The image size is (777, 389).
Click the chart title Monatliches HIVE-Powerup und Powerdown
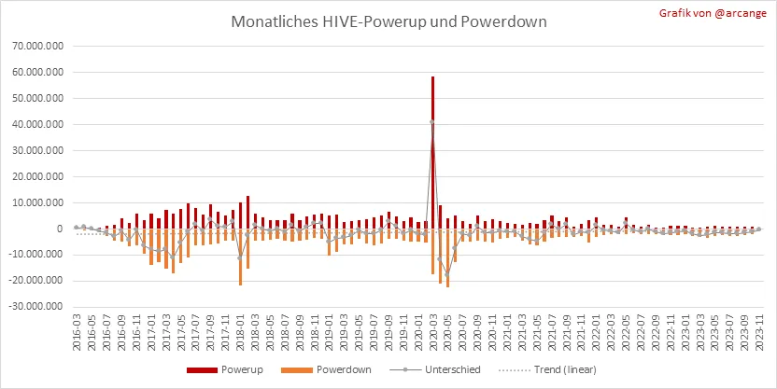click(x=388, y=21)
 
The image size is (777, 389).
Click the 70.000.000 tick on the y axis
click(x=37, y=45)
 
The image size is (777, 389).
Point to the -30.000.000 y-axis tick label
click(x=36, y=306)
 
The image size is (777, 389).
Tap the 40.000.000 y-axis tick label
click(x=37, y=124)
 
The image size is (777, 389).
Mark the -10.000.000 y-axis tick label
click(x=36, y=255)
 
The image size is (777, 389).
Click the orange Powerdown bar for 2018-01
click(x=240, y=257)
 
